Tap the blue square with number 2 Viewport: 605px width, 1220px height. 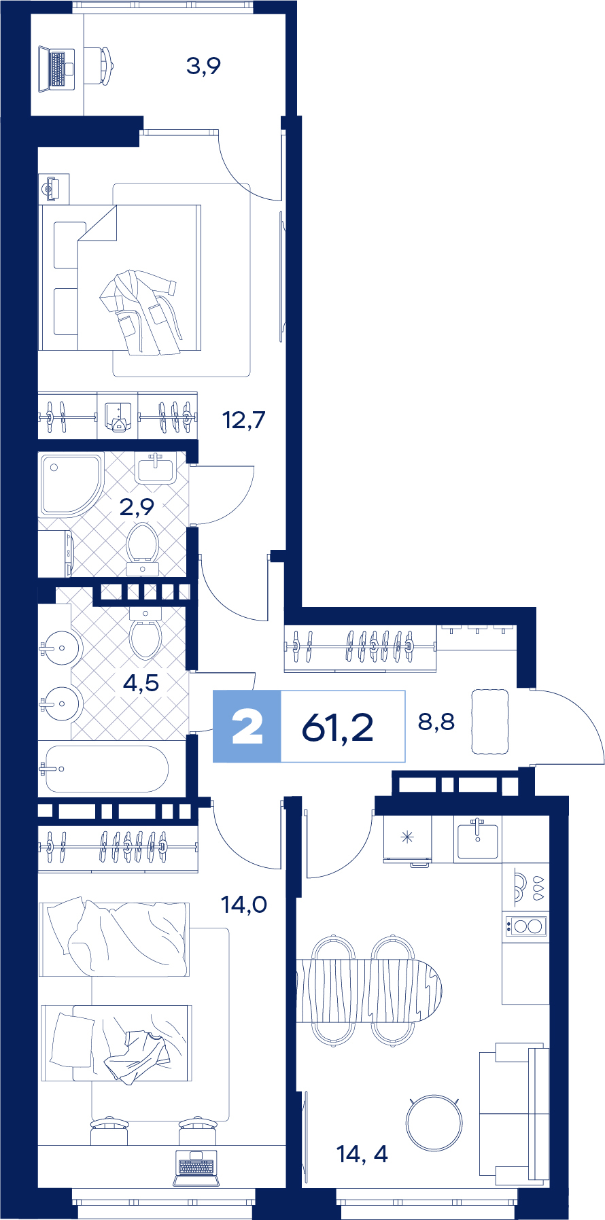tap(247, 726)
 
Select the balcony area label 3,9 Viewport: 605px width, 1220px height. tap(203, 66)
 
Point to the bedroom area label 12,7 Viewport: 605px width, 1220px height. tap(243, 420)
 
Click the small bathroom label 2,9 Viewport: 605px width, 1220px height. tap(137, 506)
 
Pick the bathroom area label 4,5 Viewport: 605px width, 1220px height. tap(141, 682)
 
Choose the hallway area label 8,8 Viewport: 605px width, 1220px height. tap(436, 721)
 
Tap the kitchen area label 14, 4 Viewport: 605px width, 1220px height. tap(362, 1153)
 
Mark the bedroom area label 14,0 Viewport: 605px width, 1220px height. tap(244, 904)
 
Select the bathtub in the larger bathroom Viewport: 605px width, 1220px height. tap(105, 769)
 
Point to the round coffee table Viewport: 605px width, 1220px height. tap(434, 1122)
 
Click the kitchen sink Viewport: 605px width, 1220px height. tap(478, 839)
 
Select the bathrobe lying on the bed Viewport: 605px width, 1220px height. tap(139, 312)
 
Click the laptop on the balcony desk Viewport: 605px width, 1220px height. tap(56, 68)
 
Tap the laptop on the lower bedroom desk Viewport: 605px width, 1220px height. tap(196, 1168)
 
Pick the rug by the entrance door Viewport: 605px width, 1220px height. tap(490, 722)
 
